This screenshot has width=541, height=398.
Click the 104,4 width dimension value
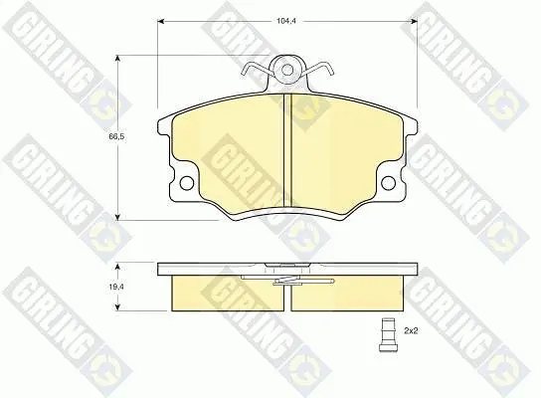pyautogui.click(x=286, y=21)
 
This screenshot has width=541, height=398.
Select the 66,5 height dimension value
pyautogui.click(x=116, y=136)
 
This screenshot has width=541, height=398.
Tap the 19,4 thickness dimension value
pyautogui.click(x=116, y=287)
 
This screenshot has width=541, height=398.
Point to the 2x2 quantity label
pyautogui.click(x=411, y=331)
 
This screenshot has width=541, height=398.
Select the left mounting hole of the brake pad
pyautogui.click(x=187, y=183)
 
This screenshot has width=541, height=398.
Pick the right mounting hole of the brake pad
pyautogui.click(x=388, y=183)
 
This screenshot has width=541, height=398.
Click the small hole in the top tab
pyautogui.click(x=286, y=70)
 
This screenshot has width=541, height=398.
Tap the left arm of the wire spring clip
pyautogui.click(x=257, y=69)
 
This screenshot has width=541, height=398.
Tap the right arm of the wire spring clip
pyautogui.click(x=317, y=69)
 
